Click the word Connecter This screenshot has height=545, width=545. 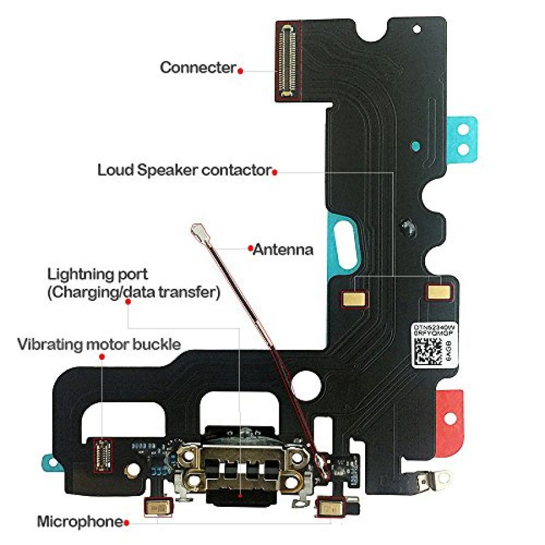[x=197, y=68]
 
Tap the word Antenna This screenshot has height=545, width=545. [x=283, y=249]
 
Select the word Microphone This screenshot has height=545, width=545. [x=79, y=521]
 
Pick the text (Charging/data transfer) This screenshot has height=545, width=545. [x=133, y=293]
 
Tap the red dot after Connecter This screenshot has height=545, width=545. [x=240, y=70]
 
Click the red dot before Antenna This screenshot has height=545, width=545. [x=249, y=248]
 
